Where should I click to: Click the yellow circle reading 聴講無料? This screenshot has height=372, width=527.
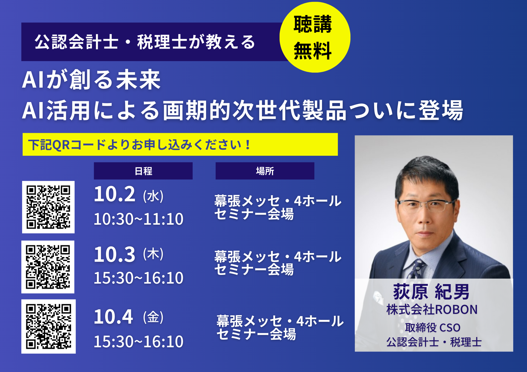tap(315, 37)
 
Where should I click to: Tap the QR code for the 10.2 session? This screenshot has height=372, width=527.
tap(48, 207)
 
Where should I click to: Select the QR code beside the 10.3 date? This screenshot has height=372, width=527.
tap(48, 267)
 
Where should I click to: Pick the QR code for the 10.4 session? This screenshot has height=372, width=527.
tap(48, 326)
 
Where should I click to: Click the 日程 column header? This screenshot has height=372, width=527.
tap(143, 171)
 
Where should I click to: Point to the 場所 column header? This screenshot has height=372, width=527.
tap(265, 171)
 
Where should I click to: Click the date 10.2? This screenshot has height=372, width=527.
tap(115, 194)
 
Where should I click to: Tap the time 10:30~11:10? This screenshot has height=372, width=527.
tap(139, 219)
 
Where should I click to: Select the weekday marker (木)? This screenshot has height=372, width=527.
tap(153, 254)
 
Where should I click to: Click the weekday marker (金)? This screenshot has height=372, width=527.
tap(153, 317)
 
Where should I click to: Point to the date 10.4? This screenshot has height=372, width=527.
tap(113, 316)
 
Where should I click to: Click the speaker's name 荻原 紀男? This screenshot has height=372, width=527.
tap(431, 292)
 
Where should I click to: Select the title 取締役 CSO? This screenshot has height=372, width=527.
tap(433, 328)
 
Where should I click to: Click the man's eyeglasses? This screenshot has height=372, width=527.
tap(426, 205)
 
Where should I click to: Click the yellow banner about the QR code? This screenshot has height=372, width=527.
tap(180, 144)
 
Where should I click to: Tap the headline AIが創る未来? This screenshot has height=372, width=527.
tap(91, 79)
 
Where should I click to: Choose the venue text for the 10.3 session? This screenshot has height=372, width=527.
tap(278, 263)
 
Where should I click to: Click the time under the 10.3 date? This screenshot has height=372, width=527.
tap(139, 278)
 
